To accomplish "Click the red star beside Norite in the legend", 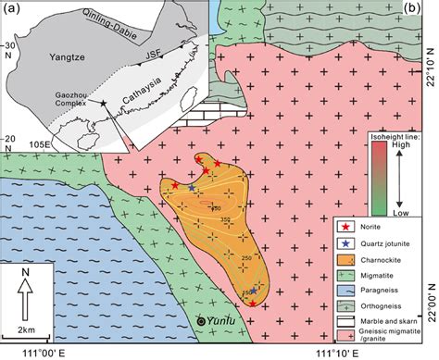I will (x=345, y=226).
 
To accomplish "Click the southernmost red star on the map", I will (x=253, y=303).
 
